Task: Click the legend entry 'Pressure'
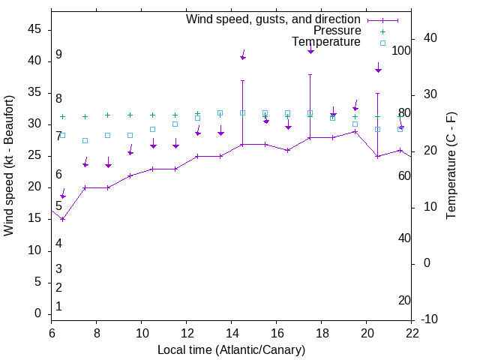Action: click(337, 31)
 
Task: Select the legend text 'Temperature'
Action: click(326, 42)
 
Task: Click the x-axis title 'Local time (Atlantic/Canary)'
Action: click(232, 350)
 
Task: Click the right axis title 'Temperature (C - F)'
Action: click(451, 166)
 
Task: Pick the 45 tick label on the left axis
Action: click(34, 28)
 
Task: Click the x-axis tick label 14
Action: click(232, 333)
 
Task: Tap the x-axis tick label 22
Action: click(412, 333)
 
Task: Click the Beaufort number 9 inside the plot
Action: click(58, 55)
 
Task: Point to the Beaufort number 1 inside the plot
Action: click(58, 307)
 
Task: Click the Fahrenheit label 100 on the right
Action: click(401, 50)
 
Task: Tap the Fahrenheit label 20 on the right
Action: click(404, 301)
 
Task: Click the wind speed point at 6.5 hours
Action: click(63, 219)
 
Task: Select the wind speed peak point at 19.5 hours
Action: click(355, 131)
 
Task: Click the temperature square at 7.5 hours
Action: click(85, 140)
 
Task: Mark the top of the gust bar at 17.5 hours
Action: click(310, 74)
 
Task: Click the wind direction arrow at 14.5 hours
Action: click(243, 55)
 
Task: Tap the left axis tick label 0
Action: click(37, 313)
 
